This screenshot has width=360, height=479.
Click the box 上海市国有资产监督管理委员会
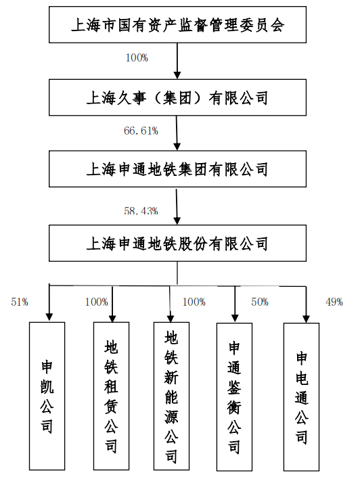(x=177, y=26)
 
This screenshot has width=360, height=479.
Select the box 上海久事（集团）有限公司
(x=177, y=98)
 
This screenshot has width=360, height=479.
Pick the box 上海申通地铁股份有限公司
(x=177, y=243)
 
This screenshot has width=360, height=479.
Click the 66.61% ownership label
(x=141, y=131)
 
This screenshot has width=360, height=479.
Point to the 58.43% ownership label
(x=141, y=210)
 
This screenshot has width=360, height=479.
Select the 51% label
(x=20, y=302)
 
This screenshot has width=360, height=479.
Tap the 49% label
(x=334, y=302)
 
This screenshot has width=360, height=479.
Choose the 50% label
(x=260, y=302)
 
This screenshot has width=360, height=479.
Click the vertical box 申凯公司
(x=47, y=396)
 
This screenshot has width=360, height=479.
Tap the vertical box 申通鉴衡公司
(x=234, y=398)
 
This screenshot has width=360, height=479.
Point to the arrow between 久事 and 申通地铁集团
(x=177, y=133)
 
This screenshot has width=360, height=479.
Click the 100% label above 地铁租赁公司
(x=96, y=302)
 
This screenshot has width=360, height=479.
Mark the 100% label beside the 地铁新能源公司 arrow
(x=194, y=302)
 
